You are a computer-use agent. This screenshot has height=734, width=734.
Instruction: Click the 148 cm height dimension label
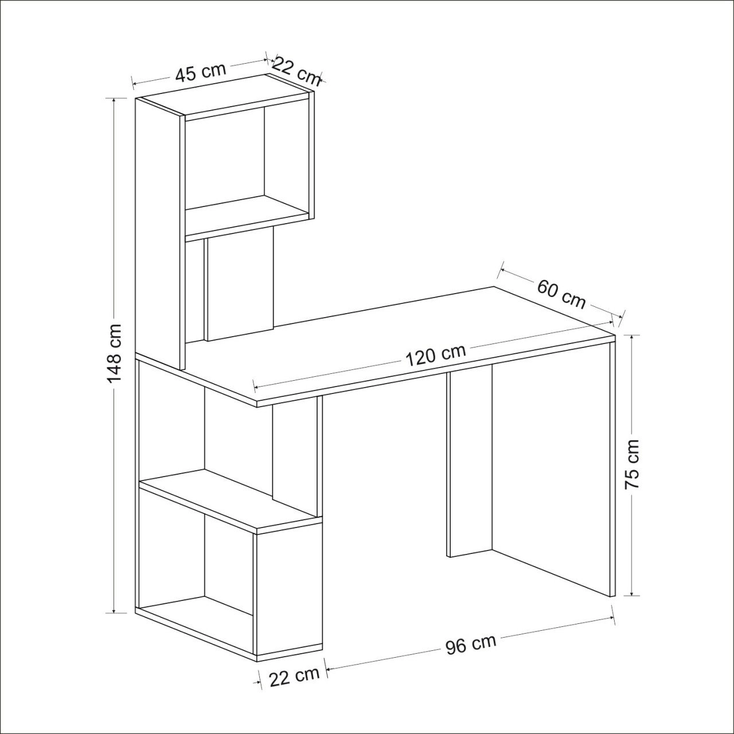click(114, 353)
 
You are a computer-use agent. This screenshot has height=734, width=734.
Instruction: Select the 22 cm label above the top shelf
click(297, 71)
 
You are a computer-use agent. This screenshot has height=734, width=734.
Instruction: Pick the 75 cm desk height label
click(633, 464)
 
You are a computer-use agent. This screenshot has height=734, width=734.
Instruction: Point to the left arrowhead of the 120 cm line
click(257, 388)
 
